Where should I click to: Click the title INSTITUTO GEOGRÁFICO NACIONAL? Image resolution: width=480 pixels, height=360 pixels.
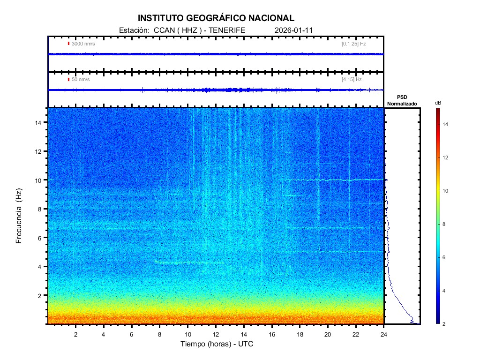coord(216,18)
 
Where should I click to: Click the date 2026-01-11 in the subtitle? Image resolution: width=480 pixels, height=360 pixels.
coord(294,30)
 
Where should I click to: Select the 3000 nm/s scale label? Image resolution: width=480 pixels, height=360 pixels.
coord(83,44)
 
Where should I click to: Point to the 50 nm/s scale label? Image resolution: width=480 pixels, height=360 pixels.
coord(81,80)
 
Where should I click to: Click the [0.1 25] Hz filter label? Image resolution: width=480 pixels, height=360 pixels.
coord(353,44)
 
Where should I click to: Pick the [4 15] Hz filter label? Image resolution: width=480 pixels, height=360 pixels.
coord(352,80)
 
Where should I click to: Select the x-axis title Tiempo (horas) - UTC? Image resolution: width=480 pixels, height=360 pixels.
coord(217,344)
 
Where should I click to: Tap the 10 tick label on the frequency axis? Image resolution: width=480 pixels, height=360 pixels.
coord(39,180)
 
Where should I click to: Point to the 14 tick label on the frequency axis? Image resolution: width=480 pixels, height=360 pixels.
coord(39,122)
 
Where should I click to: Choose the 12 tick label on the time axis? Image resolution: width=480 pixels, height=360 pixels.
coord(216,334)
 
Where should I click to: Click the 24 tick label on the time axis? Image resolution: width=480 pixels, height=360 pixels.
coord(384,334)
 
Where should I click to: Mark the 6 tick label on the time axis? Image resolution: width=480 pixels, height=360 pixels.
coord(132,334)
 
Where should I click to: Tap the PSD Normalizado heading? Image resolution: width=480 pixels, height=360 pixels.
coord(402,100)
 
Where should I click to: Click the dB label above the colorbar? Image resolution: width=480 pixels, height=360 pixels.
coord(437,103)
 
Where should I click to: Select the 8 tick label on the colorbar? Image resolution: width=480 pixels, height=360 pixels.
coord(446,225)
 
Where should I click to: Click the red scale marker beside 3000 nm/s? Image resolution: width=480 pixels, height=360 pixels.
coord(68,44)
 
